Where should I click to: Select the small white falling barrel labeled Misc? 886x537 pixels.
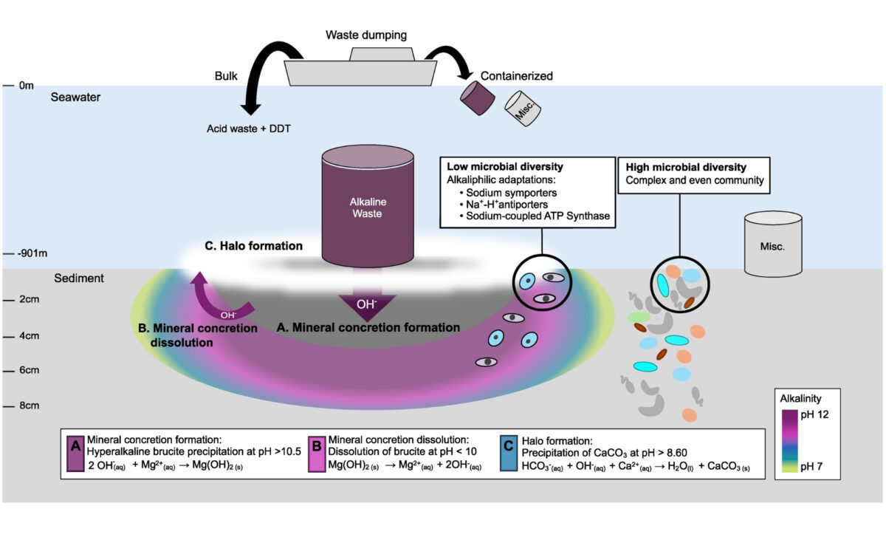(x=523, y=109)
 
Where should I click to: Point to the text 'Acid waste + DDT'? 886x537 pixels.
(x=248, y=128)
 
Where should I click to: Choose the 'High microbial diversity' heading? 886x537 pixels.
(x=682, y=168)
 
